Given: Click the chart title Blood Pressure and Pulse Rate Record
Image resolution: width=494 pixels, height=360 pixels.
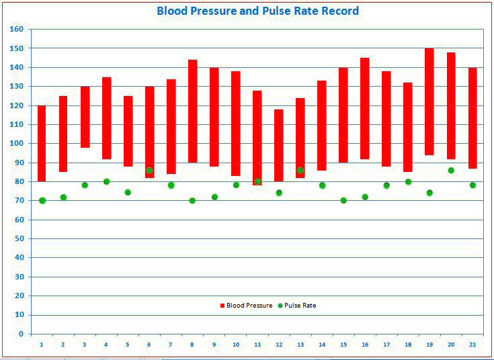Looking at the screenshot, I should pyautogui.click(x=257, y=11).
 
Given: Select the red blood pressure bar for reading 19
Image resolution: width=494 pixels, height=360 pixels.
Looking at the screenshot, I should pyautogui.click(x=429, y=101).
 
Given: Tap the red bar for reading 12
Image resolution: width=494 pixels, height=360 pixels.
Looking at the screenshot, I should pyautogui.click(x=278, y=145).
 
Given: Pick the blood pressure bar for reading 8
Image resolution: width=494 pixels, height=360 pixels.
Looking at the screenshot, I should pyautogui.click(x=192, y=111).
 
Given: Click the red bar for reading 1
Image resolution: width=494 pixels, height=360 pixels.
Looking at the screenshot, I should pyautogui.click(x=42, y=143).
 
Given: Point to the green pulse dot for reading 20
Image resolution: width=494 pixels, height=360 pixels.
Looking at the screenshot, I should pyautogui.click(x=451, y=170).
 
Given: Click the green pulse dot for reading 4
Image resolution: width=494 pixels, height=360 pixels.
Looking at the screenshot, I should pyautogui.click(x=106, y=181).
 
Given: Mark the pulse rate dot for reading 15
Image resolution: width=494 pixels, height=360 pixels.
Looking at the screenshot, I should pyautogui.click(x=343, y=200).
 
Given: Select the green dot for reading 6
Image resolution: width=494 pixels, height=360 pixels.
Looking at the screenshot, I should pyautogui.click(x=149, y=171).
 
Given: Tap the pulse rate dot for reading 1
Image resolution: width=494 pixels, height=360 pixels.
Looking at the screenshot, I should pyautogui.click(x=42, y=200).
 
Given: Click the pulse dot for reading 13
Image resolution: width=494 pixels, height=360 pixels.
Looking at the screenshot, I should pyautogui.click(x=300, y=171).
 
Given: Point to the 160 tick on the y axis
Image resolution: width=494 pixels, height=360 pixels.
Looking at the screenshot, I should pyautogui.click(x=17, y=30).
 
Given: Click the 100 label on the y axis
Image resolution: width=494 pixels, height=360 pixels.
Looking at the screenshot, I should pyautogui.click(x=17, y=144).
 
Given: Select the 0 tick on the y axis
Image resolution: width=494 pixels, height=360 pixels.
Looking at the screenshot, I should pyautogui.click(x=21, y=334).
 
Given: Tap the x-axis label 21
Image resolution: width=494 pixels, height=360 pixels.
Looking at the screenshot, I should pyautogui.click(x=472, y=345).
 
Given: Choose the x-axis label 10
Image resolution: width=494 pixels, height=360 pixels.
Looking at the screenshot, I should pyautogui.click(x=235, y=345).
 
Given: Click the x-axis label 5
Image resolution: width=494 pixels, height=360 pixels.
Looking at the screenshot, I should pyautogui.click(x=128, y=345).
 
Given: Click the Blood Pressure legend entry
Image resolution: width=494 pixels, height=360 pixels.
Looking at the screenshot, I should pyautogui.click(x=246, y=306).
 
